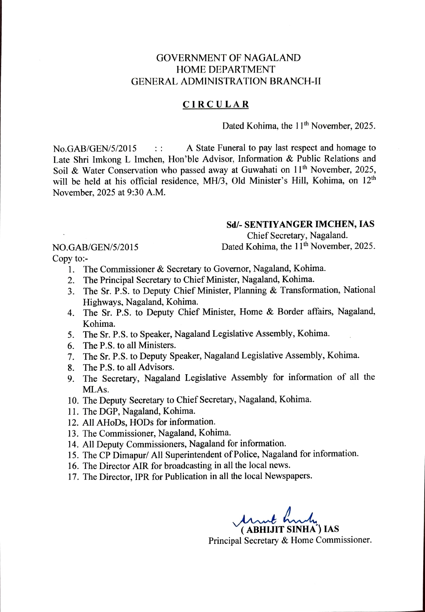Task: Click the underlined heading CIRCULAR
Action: pyautogui.click(x=216, y=105)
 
